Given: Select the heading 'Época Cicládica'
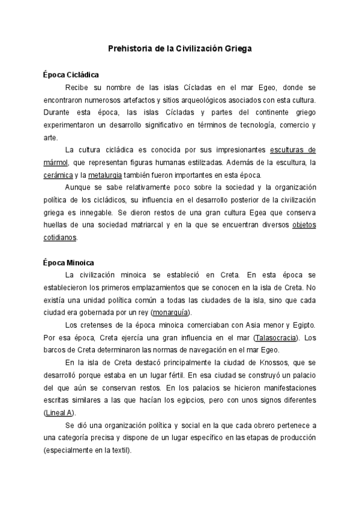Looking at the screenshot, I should (71, 74).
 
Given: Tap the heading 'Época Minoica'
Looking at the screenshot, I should (69, 262).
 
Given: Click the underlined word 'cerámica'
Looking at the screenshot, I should (56, 175).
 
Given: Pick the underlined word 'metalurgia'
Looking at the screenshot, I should (104, 175).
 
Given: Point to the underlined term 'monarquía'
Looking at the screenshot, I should (172, 313).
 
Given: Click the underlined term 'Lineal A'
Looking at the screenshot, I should (59, 413).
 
